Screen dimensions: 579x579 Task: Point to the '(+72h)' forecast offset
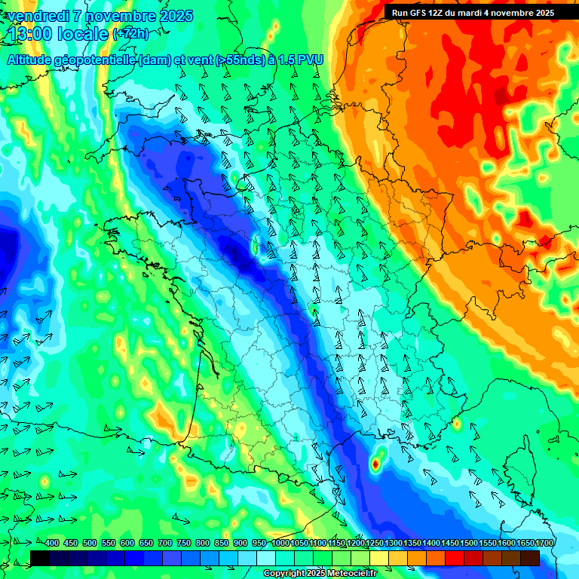(131, 35)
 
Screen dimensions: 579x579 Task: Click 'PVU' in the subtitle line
(305, 61)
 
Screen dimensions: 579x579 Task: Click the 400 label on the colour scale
(52, 543)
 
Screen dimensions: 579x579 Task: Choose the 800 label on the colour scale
(203, 543)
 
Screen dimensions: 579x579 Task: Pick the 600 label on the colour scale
(127, 543)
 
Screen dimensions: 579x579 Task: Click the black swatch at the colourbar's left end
(40, 558)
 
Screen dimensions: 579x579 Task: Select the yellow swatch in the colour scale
(379, 558)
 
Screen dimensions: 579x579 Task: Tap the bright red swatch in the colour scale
(455, 558)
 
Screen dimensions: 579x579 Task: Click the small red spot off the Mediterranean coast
(375, 464)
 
